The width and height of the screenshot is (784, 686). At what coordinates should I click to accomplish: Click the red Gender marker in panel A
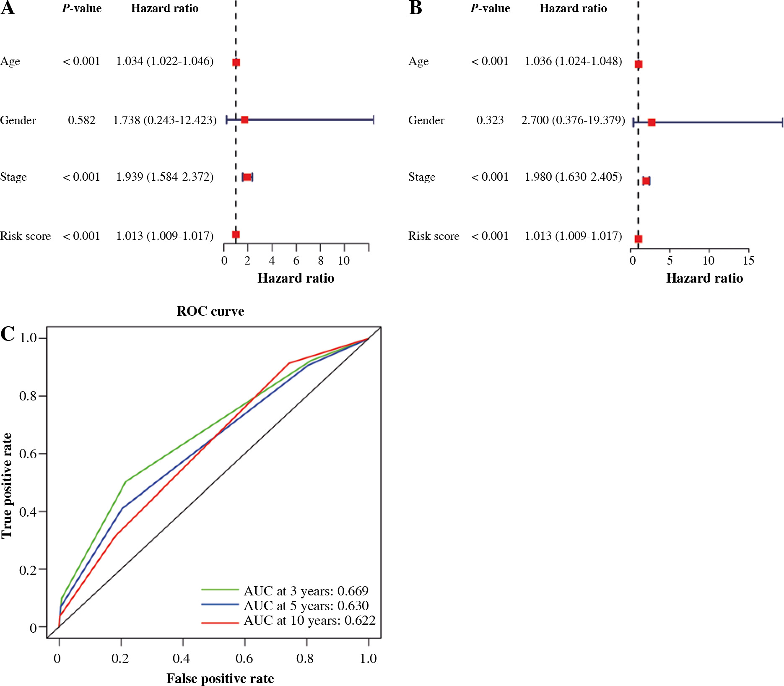[244, 120]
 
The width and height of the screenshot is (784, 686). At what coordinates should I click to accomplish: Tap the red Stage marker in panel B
[646, 181]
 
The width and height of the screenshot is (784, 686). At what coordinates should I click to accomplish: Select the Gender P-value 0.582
[81, 120]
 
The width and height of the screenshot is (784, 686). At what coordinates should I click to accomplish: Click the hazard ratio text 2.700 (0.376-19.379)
[573, 120]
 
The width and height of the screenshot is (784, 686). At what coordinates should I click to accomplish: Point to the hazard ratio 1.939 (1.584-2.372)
[165, 177]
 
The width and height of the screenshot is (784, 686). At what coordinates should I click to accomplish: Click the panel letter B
[415, 8]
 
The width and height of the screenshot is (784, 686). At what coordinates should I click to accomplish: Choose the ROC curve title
[210, 311]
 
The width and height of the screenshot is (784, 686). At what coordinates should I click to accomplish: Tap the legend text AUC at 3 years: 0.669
[306, 591]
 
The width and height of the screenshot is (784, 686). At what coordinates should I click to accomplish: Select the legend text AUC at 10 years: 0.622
[309, 620]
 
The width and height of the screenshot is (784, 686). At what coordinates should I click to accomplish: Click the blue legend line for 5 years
[220, 604]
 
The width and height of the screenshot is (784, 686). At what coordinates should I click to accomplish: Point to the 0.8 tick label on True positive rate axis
[28, 396]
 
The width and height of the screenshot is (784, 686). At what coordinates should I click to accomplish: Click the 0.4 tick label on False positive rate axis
[182, 658]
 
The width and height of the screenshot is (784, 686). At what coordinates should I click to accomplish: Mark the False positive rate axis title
[220, 678]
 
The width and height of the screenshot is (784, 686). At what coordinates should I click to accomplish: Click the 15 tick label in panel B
[748, 261]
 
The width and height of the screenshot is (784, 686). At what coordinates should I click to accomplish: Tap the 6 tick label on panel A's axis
[296, 261]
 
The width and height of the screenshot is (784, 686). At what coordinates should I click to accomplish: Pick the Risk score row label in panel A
[26, 236]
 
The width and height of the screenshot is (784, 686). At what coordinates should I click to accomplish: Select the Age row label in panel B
[418, 61]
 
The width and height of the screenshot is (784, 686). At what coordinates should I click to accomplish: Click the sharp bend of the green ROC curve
[125, 481]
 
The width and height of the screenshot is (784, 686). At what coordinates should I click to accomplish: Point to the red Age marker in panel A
[236, 62]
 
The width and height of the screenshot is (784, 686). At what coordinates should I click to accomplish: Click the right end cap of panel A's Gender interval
[373, 120]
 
